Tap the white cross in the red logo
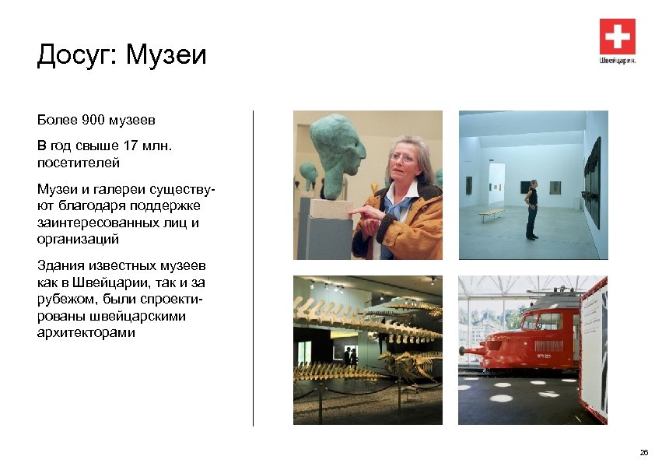click(617, 37)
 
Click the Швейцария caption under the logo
click(618, 60)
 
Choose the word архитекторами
click(86, 333)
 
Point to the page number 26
click(643, 452)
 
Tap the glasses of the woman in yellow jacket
click(402, 158)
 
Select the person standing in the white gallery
click(531, 209)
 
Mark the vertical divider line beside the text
click(254, 268)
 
